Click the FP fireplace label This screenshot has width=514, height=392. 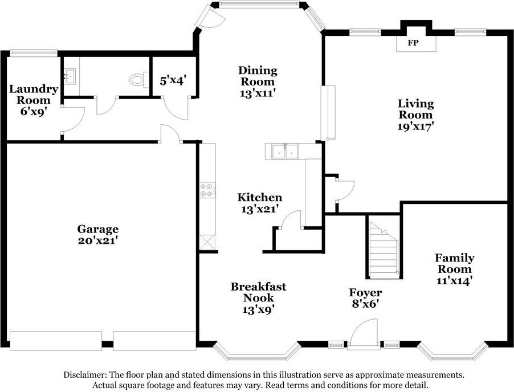click(x=413, y=43)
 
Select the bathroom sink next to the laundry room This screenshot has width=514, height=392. click(x=69, y=76)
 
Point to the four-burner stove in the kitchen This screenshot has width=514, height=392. click(x=207, y=190)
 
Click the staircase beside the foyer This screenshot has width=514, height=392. click(x=384, y=250)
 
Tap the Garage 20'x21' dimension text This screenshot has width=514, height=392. click(x=98, y=240)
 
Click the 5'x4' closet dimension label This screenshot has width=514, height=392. click(x=173, y=80)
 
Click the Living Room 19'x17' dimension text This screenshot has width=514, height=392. click(x=415, y=126)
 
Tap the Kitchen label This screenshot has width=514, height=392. click(x=260, y=197)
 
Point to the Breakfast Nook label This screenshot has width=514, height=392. click(x=258, y=292)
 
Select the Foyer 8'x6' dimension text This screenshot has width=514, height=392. click(x=365, y=304)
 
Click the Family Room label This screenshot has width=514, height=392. click(x=455, y=264)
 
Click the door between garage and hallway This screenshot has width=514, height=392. click(x=170, y=134)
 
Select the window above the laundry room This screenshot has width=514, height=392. click(x=34, y=52)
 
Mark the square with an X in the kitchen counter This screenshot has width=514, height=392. click(x=207, y=243)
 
